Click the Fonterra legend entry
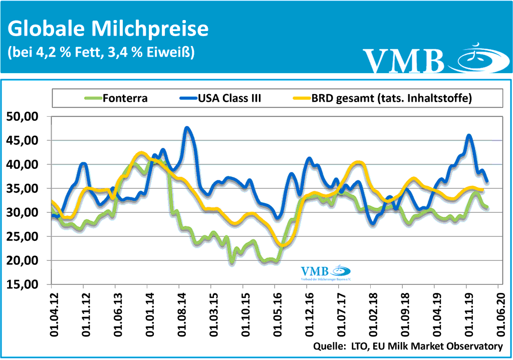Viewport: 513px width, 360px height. pos(125,98)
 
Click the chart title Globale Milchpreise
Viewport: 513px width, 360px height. pos(108,29)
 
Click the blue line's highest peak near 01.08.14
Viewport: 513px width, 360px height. pos(187,128)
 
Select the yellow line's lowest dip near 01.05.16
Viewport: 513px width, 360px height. pos(283,245)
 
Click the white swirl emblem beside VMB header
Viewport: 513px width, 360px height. pos(476,58)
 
